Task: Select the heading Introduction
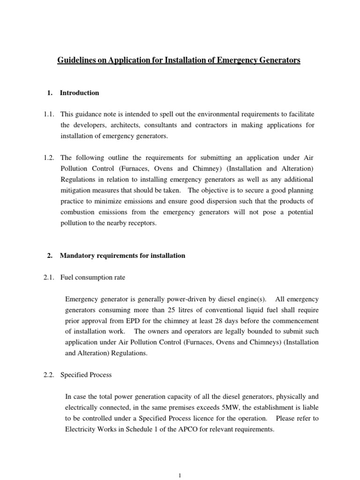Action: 79,93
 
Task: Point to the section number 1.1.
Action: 50,114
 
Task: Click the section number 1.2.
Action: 50,158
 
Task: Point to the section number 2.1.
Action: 50,277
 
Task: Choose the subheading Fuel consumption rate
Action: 93,277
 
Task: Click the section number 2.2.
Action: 50,375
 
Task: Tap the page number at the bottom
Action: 180,474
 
